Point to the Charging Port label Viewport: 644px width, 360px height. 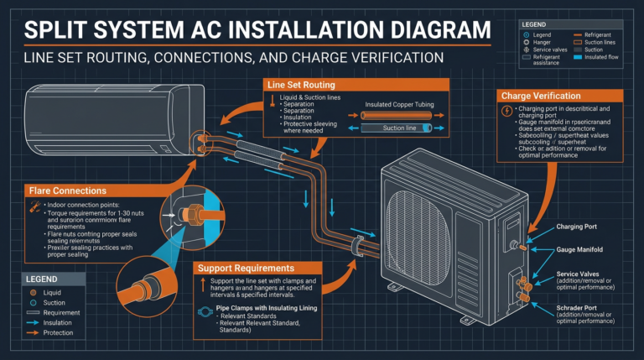(579, 227)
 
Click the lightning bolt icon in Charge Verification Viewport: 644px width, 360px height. (506, 111)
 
